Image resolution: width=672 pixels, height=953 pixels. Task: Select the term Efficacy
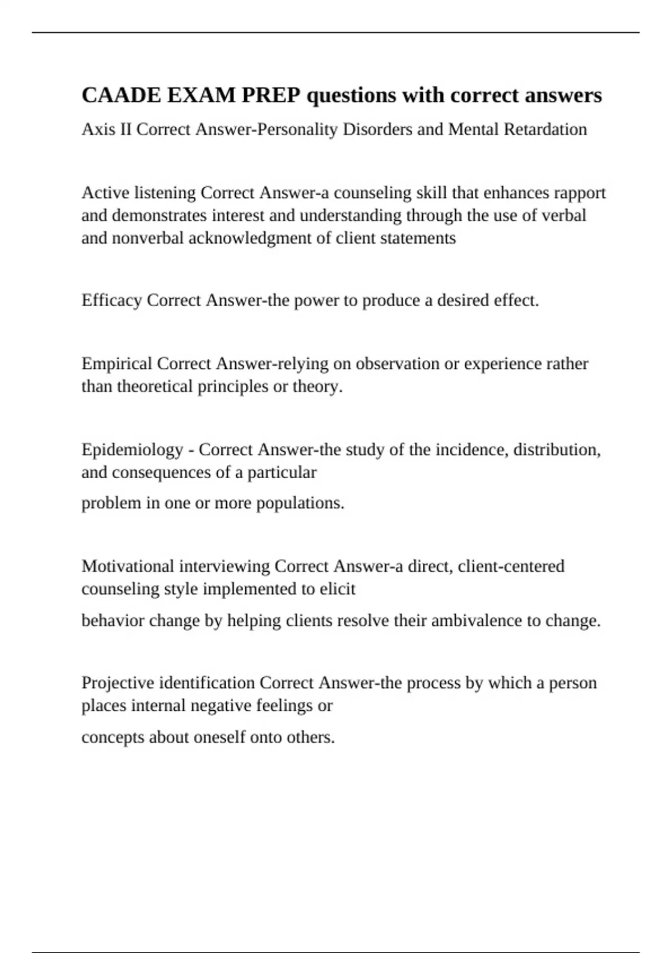[x=111, y=300]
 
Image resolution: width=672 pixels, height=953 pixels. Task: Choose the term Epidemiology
[x=132, y=450]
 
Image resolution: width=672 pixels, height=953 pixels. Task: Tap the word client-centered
[x=511, y=566]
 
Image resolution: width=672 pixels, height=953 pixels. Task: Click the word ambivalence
[x=476, y=621]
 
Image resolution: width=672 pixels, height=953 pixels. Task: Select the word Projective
[x=118, y=683]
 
